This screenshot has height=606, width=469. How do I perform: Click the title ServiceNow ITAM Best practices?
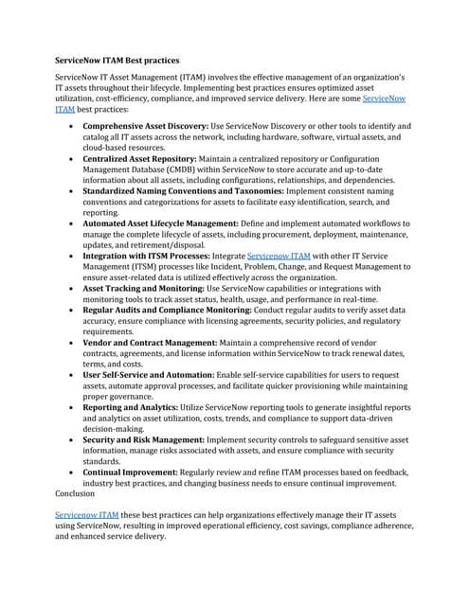click(117, 60)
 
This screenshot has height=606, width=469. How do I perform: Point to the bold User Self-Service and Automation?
click(154, 374)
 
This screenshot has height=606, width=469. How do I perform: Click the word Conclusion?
click(76, 492)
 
